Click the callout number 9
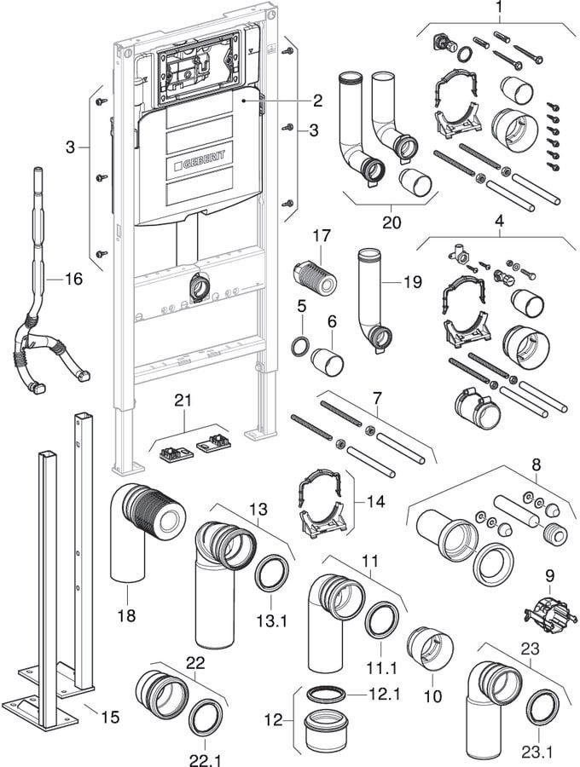(x=550, y=576)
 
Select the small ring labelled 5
(x=301, y=347)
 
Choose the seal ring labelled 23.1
(x=541, y=708)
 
